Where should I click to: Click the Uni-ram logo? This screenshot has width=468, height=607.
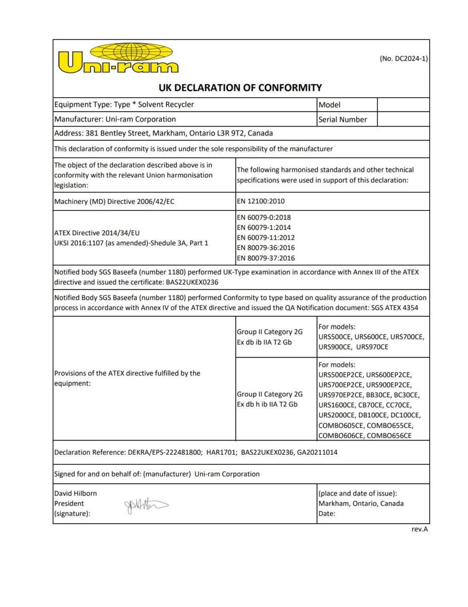click(118, 59)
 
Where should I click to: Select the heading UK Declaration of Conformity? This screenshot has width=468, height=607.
click(240, 88)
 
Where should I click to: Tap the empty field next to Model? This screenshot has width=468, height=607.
click(403, 105)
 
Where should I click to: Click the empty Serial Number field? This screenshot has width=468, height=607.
click(403, 119)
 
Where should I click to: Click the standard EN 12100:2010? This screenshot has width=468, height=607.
click(261, 201)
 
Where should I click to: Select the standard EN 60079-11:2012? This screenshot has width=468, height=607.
click(266, 237)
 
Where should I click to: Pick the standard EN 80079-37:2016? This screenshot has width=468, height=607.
click(266, 258)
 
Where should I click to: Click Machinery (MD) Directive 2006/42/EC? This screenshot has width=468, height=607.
click(114, 201)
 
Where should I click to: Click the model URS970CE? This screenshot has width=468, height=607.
click(372, 347)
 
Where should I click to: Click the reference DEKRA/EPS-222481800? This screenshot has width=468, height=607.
click(165, 452)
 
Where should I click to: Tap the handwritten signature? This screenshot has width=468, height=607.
click(146, 505)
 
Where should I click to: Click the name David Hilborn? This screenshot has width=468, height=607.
click(75, 493)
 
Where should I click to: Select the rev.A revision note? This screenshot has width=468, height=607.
click(419, 529)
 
